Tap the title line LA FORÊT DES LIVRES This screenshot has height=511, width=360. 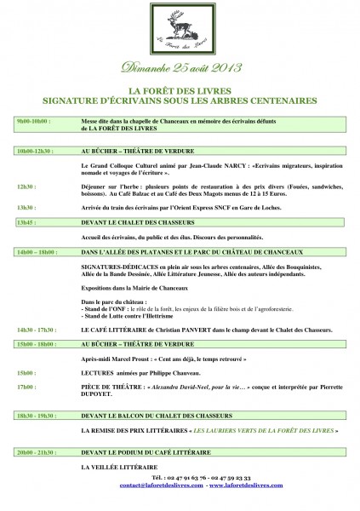[180, 89]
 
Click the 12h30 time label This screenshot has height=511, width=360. [26, 185]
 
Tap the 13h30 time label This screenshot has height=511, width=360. [26, 207]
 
